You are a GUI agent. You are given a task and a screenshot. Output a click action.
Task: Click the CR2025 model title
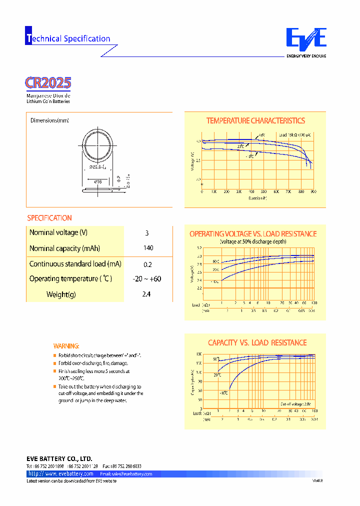tap(48, 82)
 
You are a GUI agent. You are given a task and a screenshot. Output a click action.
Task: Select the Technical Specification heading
tap(68, 38)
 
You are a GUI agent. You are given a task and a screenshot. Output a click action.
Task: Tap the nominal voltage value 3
tap(147, 233)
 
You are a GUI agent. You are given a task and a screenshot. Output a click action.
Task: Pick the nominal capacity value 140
tap(148, 248)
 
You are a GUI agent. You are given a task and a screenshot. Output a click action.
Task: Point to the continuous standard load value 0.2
tap(147, 264)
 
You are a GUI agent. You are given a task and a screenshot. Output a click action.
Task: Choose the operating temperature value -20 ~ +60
tap(147, 279)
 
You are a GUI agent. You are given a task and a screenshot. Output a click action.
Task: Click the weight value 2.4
tap(146, 294)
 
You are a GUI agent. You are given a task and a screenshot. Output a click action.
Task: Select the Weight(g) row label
tap(61, 294)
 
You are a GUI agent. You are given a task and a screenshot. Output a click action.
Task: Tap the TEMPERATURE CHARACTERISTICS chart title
tap(255, 120)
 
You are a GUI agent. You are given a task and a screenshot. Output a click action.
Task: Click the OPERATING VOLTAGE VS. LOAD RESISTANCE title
tap(253, 234)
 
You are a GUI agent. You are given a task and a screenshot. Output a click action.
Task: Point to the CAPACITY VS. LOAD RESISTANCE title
tap(257, 342)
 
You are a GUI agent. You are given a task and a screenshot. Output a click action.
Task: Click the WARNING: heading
tap(66, 346)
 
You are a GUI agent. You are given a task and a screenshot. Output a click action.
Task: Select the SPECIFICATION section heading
tap(49, 218)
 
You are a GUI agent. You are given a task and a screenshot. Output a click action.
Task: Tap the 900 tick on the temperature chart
tap(313, 191)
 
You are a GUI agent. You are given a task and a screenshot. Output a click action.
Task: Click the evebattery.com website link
tap(61, 473)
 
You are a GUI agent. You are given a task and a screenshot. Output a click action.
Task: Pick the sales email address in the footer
tap(126, 473)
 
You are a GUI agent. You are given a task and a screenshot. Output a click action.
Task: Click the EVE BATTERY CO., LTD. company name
tap(59, 458)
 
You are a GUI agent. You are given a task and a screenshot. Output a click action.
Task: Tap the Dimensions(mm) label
tap(49, 120)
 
